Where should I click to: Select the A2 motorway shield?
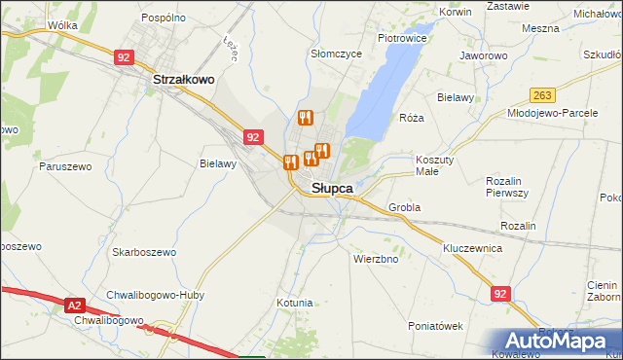(76, 306)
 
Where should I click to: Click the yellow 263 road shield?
(543, 94)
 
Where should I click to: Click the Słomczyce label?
(336, 54)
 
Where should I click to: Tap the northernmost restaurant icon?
(305, 118)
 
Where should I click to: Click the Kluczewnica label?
(472, 248)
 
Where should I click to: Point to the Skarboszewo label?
(144, 252)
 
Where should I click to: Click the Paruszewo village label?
(66, 166)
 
